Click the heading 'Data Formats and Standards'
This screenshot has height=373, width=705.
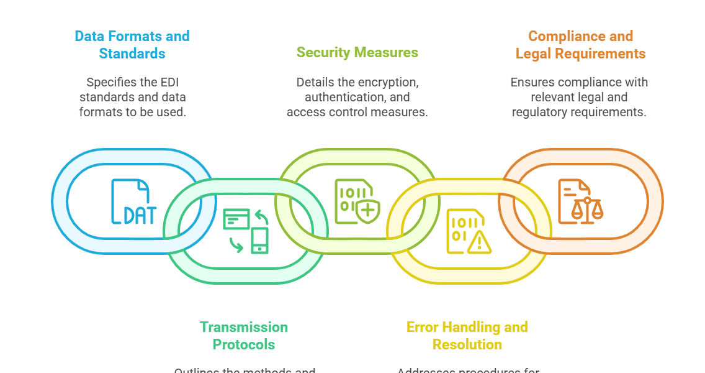(132, 45)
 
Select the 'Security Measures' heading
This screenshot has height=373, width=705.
(357, 52)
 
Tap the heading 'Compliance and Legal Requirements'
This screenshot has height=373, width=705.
(580, 45)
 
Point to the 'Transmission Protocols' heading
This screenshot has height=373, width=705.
(244, 335)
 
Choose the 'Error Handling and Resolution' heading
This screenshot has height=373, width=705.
(467, 335)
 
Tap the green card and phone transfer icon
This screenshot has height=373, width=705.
(246, 231)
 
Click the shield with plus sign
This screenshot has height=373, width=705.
(368, 211)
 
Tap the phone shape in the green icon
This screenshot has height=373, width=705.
(259, 241)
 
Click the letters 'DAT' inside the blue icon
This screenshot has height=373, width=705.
(140, 214)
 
